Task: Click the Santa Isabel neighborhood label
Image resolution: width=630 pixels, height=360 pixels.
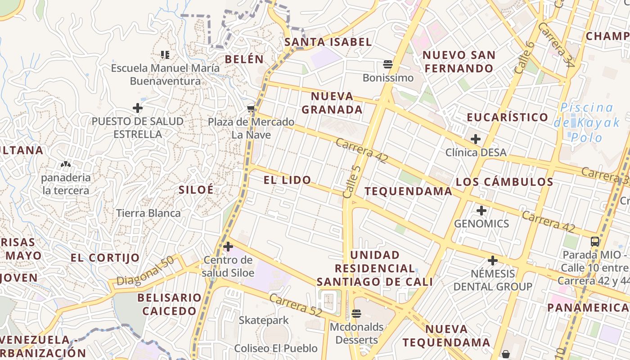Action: (328, 42)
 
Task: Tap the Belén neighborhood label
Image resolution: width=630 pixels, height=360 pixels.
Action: (244, 59)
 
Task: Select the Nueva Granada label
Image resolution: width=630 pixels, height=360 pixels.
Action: (332, 103)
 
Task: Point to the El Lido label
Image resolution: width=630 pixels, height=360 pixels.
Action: (287, 180)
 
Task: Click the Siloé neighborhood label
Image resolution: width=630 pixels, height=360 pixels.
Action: (196, 189)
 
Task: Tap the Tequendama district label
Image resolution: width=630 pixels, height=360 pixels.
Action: (408, 191)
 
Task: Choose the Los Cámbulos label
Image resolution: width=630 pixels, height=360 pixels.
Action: (504, 182)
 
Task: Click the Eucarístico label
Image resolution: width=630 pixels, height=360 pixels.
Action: (507, 117)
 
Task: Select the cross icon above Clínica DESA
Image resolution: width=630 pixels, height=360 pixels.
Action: (475, 139)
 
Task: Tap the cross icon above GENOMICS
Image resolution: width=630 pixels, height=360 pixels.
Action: (481, 210)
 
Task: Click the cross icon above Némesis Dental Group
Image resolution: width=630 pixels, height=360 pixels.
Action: (493, 261)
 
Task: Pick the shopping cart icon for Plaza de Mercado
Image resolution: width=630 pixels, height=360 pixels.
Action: (251, 108)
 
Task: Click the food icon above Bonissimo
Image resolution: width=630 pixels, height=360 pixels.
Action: (387, 64)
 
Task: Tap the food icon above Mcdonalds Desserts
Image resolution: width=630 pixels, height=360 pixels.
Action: (356, 314)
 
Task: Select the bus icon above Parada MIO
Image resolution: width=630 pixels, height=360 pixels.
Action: (595, 242)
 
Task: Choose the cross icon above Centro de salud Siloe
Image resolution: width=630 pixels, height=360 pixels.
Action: (228, 247)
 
